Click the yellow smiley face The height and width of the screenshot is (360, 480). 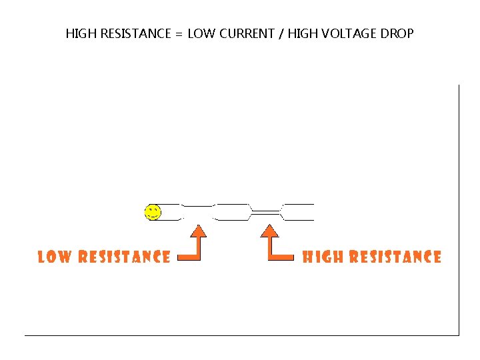coord(153,213)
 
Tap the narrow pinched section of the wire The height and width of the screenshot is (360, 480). coord(266,212)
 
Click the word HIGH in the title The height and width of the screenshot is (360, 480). coord(81,33)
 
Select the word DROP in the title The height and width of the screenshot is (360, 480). coord(397,33)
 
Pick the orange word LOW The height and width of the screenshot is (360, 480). coord(55,257)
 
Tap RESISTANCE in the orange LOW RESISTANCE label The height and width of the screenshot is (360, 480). coord(124,257)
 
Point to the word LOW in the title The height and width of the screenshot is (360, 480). coord(200,33)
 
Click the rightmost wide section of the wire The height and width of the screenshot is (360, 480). coord(297,212)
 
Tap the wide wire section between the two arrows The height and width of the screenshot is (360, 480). coord(231,212)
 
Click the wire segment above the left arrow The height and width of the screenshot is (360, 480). coord(197,212)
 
